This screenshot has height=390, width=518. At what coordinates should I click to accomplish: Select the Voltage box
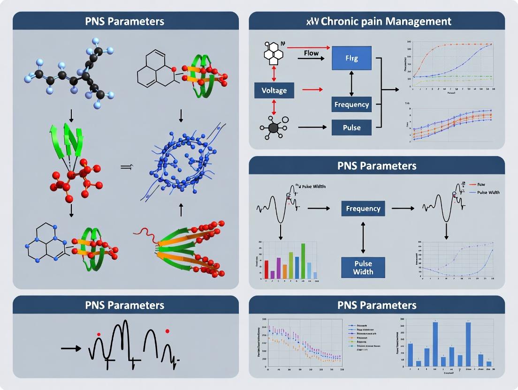274,90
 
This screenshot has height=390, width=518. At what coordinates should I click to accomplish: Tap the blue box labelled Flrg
351,58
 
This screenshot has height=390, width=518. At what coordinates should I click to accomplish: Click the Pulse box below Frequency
351,127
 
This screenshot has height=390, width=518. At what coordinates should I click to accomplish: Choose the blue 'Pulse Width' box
363,267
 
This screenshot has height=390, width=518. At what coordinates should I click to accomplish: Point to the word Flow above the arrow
311,53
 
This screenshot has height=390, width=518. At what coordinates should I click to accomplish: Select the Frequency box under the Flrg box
351,104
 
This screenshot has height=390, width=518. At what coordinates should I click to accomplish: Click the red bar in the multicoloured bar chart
267,270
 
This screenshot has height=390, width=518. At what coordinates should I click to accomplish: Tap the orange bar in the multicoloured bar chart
285,272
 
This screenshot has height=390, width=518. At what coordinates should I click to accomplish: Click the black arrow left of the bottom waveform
71,348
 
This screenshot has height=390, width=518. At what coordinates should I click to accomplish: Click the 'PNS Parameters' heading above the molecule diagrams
125,21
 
